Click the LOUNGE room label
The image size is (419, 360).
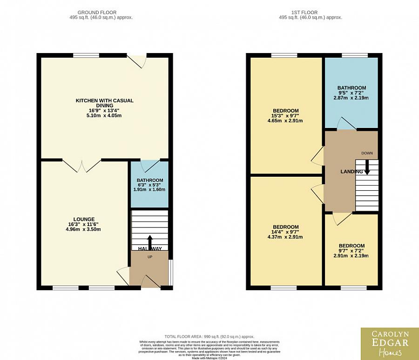click(84, 219)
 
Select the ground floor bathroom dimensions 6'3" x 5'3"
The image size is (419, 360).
click(150, 185)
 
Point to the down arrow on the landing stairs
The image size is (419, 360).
click(367, 167)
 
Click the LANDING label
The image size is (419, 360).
click(351, 172)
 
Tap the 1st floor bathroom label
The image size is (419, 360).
click(351, 88)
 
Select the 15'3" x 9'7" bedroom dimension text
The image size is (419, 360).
click(285, 116)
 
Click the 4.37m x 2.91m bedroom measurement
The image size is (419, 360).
click(285, 237)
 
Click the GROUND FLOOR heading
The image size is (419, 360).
click(97, 13)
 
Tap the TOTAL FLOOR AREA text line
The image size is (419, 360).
click(209, 336)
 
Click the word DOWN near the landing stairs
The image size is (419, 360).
click(366, 153)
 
